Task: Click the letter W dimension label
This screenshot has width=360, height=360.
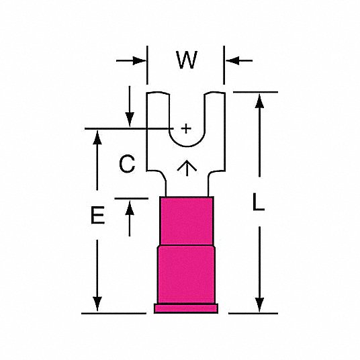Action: point(187,60)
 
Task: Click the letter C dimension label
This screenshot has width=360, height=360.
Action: point(127,164)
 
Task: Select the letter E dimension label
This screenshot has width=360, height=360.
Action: point(97,215)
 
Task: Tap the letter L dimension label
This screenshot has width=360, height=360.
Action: point(259,201)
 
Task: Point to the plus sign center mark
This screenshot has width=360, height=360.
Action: point(186,128)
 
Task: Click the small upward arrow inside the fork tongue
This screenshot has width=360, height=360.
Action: point(187,168)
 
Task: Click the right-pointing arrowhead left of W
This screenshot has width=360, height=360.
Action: point(139,61)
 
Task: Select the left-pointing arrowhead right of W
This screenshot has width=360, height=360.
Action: point(232,61)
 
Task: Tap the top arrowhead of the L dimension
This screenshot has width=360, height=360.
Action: point(259,101)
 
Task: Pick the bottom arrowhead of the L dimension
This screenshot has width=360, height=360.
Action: point(259,305)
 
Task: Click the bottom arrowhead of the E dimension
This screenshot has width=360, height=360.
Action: point(97,304)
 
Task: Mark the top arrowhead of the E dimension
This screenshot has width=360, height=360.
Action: point(97,137)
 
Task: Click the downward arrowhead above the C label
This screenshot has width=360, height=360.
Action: point(130,120)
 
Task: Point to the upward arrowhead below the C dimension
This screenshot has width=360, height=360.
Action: point(130,208)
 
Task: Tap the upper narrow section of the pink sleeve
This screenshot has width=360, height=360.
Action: point(187,221)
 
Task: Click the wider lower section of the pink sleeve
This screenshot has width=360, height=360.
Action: point(186,275)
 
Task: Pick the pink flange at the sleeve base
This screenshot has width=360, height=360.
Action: point(186,308)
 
